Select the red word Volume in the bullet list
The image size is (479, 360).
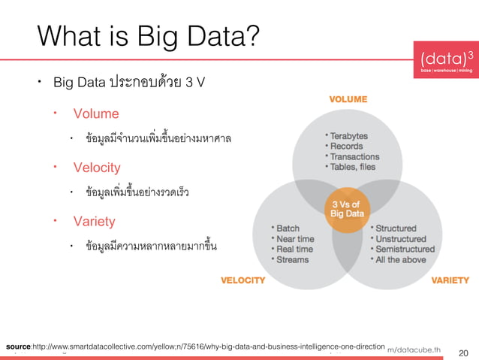(x=95, y=113)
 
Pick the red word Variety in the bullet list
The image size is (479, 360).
(x=94, y=221)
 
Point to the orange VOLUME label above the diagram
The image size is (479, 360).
(x=348, y=99)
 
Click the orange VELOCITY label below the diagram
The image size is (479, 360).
(x=243, y=280)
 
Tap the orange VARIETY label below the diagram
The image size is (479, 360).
(x=450, y=280)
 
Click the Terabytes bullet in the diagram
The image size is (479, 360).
(x=348, y=135)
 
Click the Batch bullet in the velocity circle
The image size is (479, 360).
(x=288, y=228)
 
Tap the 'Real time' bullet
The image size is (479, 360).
(x=294, y=249)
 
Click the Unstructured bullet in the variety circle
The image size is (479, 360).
(x=405, y=238)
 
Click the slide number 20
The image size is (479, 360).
(x=462, y=352)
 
